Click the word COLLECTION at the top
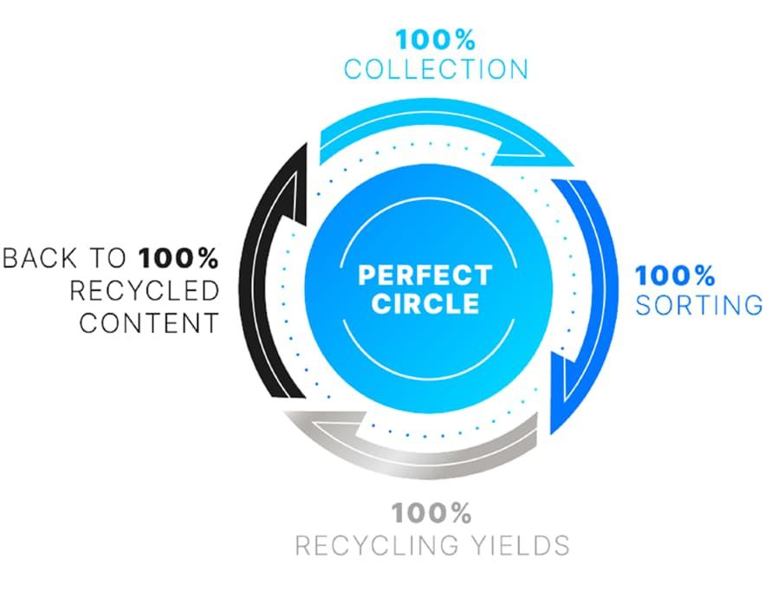[435, 69]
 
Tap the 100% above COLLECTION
[435, 40]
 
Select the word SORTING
[698, 305]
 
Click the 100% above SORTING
[675, 276]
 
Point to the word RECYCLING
[383, 545]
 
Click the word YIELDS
[522, 545]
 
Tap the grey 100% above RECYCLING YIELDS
[431, 513]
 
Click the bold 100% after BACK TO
[178, 258]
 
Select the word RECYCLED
[144, 290]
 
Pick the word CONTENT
[148, 323]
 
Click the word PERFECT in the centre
[425, 276]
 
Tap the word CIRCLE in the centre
[424, 304]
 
